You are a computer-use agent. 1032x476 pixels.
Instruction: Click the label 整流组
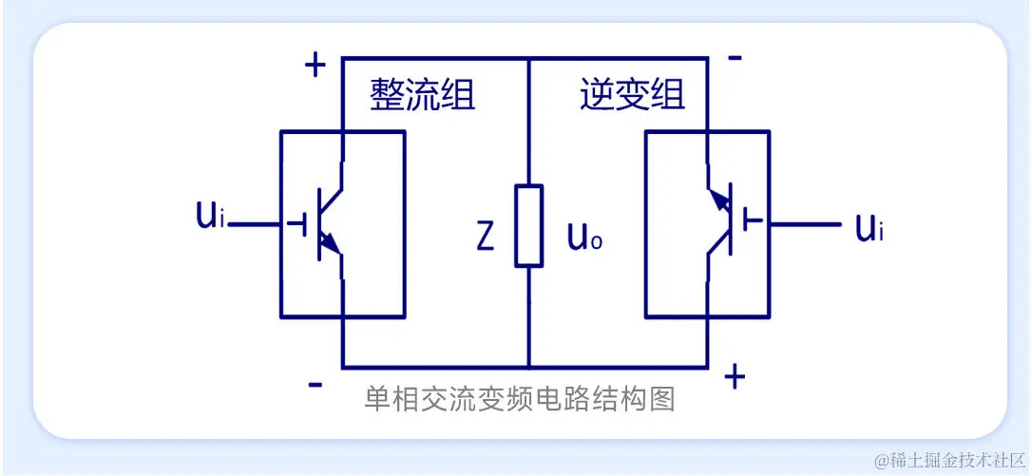[x=423, y=95]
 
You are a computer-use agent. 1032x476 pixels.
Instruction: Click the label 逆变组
[x=632, y=95]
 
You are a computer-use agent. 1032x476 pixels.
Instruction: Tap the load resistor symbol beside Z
[x=529, y=226]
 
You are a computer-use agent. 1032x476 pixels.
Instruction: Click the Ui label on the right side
[x=869, y=227]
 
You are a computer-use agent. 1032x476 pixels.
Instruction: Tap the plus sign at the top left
[x=315, y=66]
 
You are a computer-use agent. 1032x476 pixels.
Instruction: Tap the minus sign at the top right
[x=735, y=58]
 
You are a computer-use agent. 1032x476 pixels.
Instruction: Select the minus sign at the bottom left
[x=315, y=385]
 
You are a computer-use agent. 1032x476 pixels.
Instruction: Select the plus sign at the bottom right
[x=734, y=376]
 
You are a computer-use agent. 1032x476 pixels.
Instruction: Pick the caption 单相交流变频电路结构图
[x=520, y=399]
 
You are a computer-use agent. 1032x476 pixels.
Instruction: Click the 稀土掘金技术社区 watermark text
[x=952, y=459]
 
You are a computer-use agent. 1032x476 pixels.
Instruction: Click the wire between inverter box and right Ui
[x=806, y=225]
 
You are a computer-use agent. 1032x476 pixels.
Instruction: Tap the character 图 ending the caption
[x=663, y=399]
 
